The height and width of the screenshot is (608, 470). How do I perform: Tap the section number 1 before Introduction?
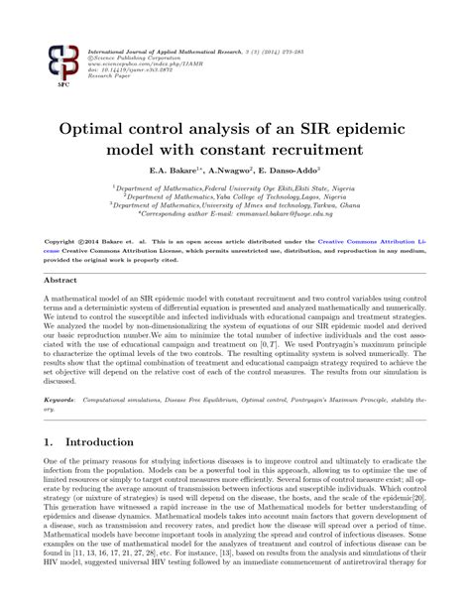(x=49, y=442)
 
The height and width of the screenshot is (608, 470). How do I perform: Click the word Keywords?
(x=61, y=399)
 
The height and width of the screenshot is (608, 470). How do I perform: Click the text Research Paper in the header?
(x=110, y=78)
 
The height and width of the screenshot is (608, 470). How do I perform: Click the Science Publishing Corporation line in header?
(x=138, y=58)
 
